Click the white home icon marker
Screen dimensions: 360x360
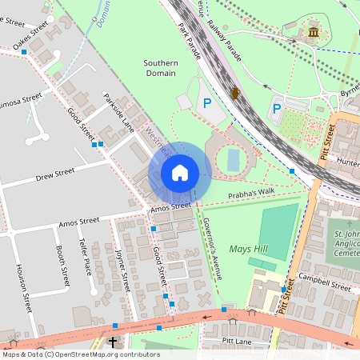180,173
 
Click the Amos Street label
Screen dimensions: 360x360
170,206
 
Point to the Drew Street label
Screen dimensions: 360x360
54,174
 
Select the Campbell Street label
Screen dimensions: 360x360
325,282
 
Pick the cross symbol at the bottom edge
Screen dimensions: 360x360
113,342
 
